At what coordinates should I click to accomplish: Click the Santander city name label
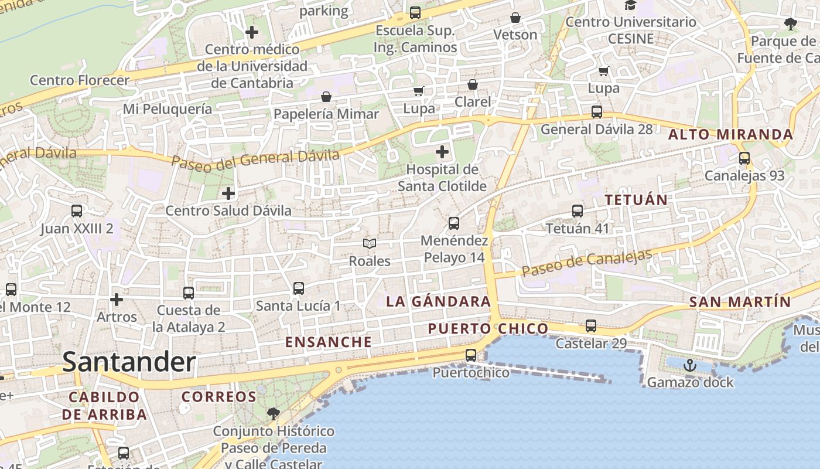point(129,362)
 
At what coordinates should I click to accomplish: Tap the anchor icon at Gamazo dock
point(690,365)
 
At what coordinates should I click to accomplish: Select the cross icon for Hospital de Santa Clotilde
point(442,152)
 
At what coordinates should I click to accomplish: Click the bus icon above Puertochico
point(471,355)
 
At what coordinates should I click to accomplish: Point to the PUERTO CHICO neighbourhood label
point(488,328)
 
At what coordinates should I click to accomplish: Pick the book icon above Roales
point(369,243)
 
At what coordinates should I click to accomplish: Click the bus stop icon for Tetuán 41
point(578,211)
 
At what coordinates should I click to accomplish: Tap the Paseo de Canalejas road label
point(586,263)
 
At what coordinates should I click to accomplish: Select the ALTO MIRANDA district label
point(730,135)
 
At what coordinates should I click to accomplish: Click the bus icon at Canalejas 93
point(744,158)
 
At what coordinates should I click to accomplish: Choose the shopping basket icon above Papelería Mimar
point(326,96)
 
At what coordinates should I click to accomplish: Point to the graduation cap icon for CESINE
point(630,5)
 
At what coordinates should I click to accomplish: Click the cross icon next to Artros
point(117,300)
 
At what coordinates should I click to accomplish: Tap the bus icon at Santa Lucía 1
point(298,288)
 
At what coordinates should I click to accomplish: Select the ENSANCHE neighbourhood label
point(328,342)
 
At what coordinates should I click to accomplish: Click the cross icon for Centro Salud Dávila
point(228,193)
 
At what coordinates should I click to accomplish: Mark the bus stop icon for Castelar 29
point(591,326)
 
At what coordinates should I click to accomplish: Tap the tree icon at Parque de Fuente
point(790,24)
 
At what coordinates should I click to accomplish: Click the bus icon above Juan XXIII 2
point(77,211)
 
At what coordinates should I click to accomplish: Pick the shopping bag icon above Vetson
point(515,18)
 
